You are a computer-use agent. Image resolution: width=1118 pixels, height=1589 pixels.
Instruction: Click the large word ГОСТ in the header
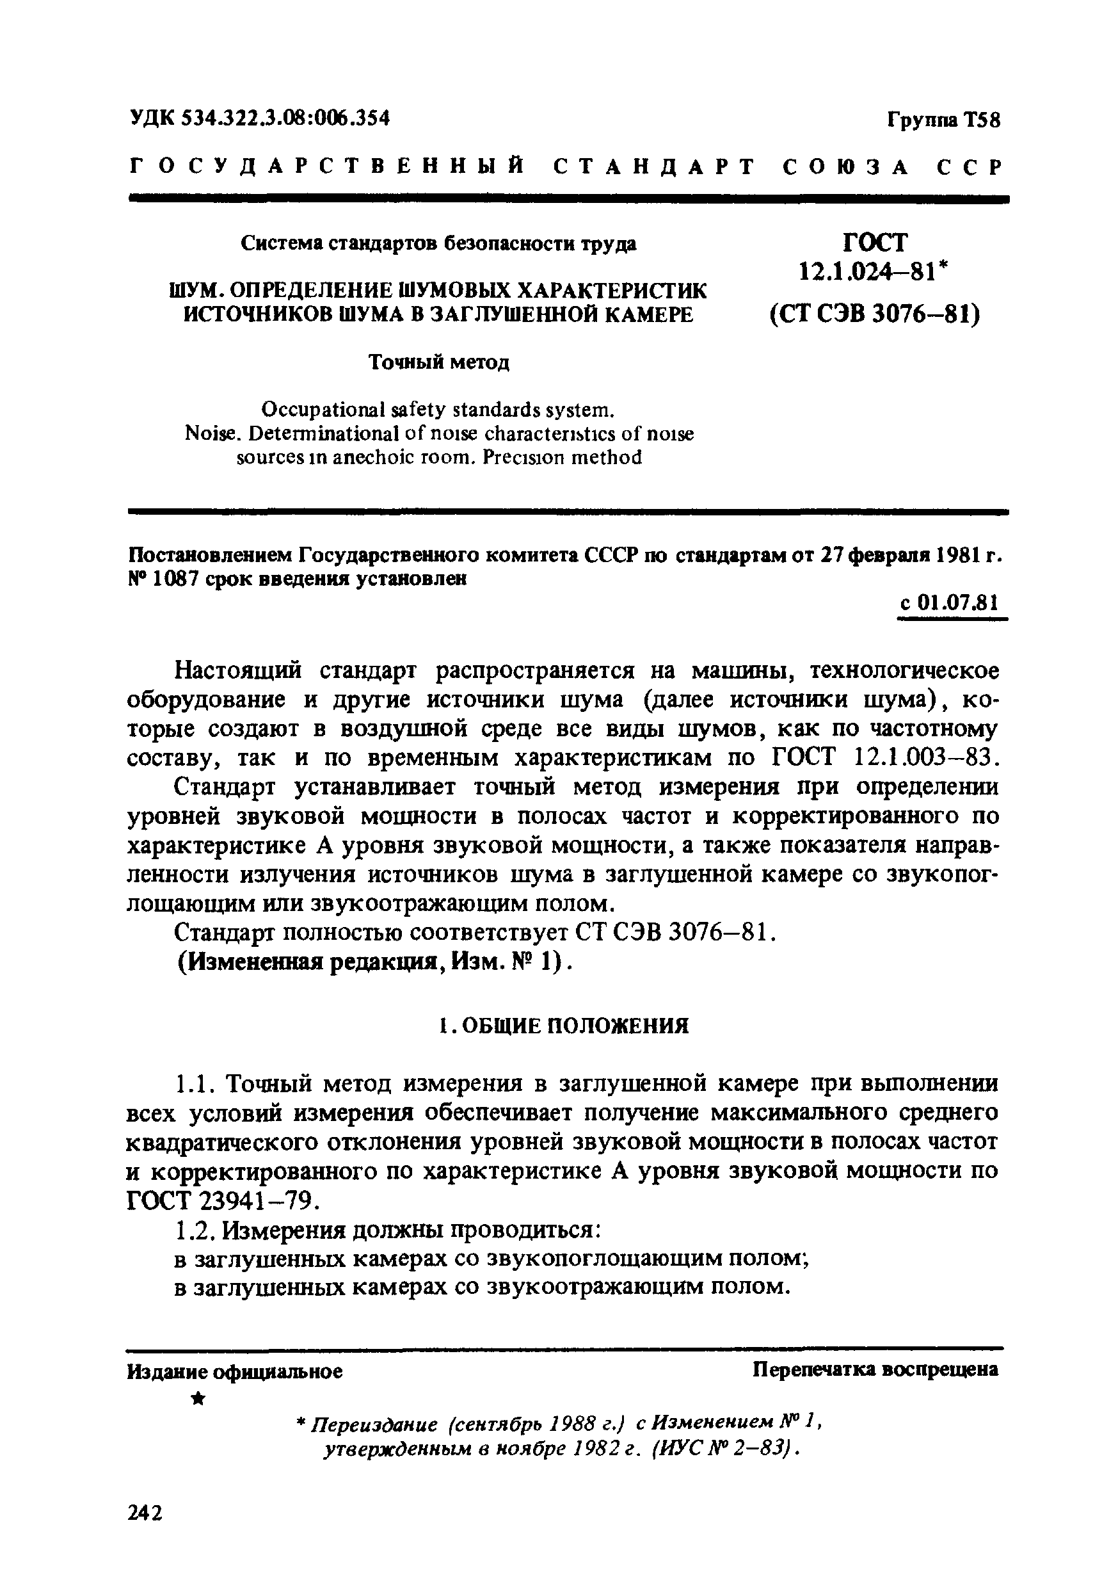875,241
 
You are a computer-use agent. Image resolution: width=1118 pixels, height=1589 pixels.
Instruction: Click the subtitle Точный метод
438,362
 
